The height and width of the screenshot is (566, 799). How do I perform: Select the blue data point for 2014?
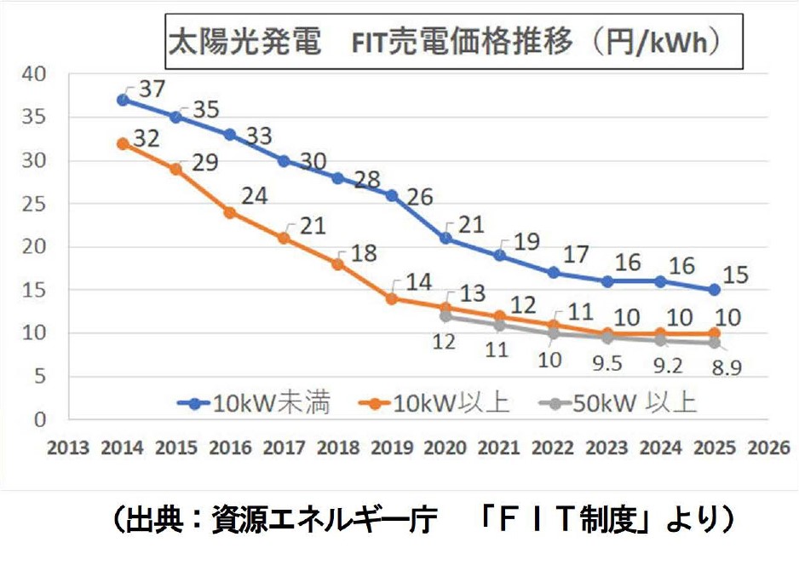pos(123,100)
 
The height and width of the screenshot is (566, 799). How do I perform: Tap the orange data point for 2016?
pos(229,212)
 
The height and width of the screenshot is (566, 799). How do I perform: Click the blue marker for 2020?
pos(444,238)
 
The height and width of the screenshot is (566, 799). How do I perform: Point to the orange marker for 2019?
pos(391,299)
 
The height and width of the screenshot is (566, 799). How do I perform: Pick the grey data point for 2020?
pos(444,316)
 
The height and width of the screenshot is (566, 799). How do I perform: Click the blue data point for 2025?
pos(714,290)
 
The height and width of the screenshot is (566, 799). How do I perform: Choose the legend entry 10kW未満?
pos(252,403)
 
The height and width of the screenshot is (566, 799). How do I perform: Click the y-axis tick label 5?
pos(39,377)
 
